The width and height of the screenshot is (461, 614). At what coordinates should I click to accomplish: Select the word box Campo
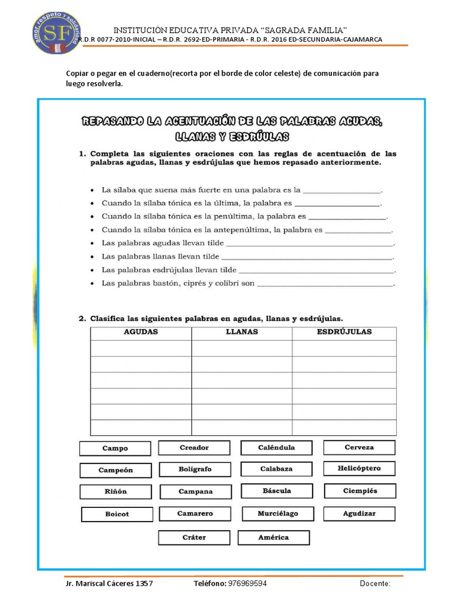tap(115, 449)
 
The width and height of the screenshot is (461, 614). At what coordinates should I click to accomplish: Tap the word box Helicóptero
tap(359, 468)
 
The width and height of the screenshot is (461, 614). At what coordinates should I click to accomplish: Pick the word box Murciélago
tap(277, 514)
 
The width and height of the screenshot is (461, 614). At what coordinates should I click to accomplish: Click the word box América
tap(273, 537)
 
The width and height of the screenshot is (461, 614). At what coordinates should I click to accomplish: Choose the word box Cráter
tap(194, 537)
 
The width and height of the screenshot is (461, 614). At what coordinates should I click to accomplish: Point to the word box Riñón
tap(115, 492)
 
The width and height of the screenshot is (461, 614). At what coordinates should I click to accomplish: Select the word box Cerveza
tap(359, 447)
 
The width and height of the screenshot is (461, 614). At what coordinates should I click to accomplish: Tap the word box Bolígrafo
tap(194, 469)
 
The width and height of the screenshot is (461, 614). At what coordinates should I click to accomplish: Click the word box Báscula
tap(277, 491)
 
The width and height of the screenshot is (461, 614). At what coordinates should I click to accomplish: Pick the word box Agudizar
tap(359, 514)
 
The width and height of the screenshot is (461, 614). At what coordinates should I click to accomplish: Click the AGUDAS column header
tap(141, 332)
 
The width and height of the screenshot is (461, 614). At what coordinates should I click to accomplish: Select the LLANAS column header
tap(242, 332)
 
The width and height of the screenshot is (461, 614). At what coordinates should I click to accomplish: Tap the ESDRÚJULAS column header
tap(344, 332)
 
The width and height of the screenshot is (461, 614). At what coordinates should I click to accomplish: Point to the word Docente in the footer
tap(375, 583)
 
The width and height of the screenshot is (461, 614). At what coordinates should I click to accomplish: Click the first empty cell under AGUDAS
tap(141, 348)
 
